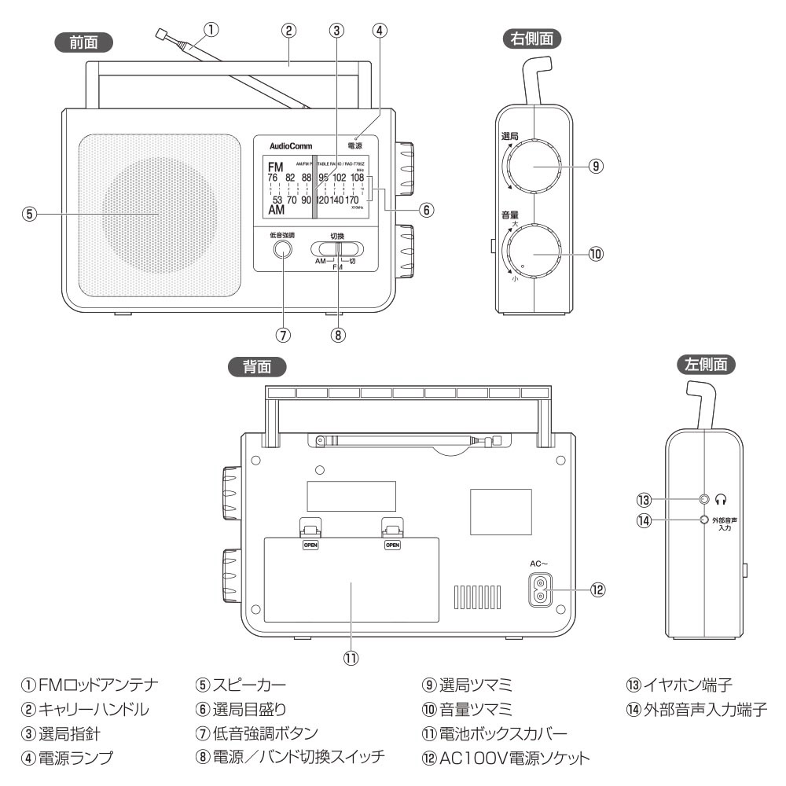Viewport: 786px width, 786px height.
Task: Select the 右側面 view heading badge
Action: pos(531,37)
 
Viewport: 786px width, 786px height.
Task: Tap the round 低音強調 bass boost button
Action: pos(281,249)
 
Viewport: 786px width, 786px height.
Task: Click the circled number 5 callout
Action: pos(29,213)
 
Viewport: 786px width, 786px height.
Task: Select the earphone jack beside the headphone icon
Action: pos(703,498)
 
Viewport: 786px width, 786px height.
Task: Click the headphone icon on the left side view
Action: pos(721,498)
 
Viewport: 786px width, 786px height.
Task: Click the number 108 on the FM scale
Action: pos(358,178)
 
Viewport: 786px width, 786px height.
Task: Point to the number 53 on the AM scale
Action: pos(277,200)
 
